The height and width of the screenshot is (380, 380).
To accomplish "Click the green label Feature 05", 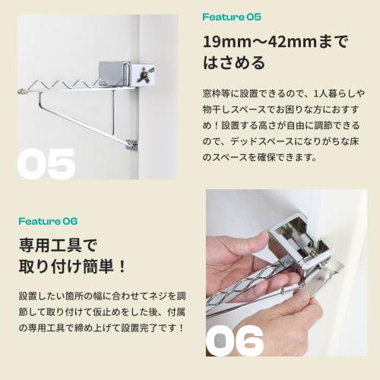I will [232, 16].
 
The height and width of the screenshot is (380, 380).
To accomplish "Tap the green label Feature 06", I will [49, 221].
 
